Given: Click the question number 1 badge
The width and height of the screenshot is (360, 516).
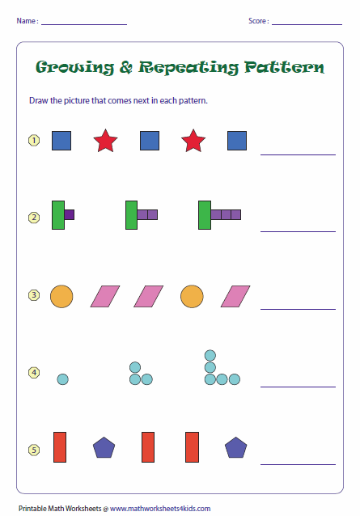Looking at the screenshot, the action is point(34,141).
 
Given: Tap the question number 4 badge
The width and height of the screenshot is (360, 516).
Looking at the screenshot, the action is point(34,373).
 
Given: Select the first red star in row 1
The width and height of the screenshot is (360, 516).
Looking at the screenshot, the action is point(105,141).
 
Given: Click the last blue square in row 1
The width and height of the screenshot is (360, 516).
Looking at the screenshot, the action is point(237,141).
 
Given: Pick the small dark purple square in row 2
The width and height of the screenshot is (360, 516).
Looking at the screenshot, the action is point(69,214).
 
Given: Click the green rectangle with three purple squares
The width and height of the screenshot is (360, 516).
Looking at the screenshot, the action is point(205,215).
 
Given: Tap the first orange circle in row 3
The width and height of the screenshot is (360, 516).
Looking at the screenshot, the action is point(61,296).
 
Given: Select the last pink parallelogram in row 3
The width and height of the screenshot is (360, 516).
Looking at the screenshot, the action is point(235,296).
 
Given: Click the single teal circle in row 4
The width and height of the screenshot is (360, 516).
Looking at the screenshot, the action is point(62,379).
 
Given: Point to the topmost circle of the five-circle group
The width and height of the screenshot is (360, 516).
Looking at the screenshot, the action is point(210,355).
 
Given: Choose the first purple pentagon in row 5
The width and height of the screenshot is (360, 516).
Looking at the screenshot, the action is point(104,447).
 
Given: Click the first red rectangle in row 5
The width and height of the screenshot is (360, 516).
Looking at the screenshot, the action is point(60,447).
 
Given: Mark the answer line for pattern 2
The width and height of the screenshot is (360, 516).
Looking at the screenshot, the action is point(298,231).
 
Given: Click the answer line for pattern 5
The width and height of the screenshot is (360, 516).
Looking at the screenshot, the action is point(298,465).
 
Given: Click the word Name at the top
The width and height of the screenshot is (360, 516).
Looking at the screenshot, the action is point(26,21).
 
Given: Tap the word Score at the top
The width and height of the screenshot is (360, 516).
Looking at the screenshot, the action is point(257,21).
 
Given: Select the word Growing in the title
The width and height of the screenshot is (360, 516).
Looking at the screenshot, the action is point(74,67).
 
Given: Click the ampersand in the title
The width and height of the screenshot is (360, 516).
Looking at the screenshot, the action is point(126,67).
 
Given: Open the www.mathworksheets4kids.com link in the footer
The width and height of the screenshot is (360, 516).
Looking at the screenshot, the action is point(160,509).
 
